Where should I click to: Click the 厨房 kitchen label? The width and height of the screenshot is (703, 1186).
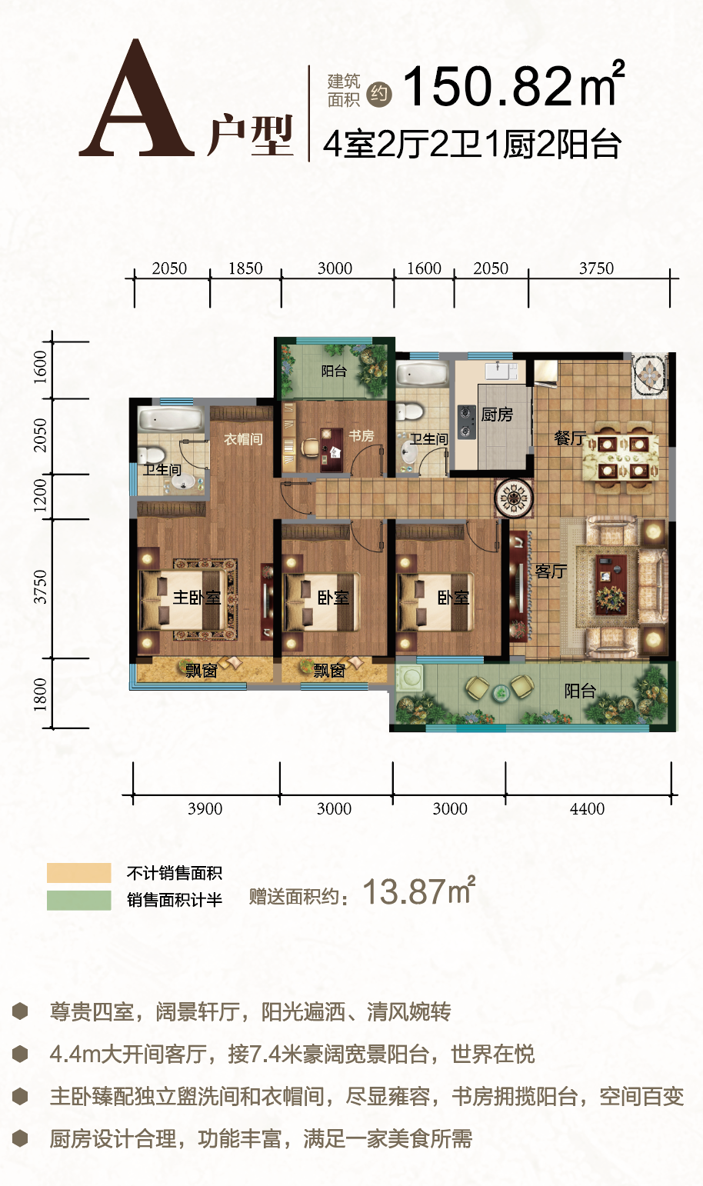pyautogui.click(x=497, y=414)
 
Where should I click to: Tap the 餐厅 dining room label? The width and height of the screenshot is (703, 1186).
pyautogui.click(x=570, y=438)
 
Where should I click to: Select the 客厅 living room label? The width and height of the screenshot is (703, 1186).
pyautogui.click(x=551, y=571)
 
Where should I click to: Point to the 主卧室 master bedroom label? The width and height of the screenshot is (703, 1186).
pyautogui.click(x=196, y=598)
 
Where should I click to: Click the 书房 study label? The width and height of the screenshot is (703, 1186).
pyautogui.click(x=361, y=436)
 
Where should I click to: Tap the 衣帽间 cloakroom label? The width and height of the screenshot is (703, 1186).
pyautogui.click(x=243, y=439)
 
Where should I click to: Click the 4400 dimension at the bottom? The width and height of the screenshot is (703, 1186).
pyautogui.click(x=587, y=808)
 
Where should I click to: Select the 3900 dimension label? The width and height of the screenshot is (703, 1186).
pyautogui.click(x=205, y=808)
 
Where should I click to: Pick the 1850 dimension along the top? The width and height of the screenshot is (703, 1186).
pyautogui.click(x=245, y=268)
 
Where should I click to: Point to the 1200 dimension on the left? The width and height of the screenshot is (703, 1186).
pyautogui.click(x=40, y=495)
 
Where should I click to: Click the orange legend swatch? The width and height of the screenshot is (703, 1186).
pyautogui.click(x=79, y=872)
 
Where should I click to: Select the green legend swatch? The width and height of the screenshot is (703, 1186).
pyautogui.click(x=79, y=900)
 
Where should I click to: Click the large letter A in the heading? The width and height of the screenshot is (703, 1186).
pyautogui.click(x=137, y=98)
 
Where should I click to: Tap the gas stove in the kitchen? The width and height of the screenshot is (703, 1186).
pyautogui.click(x=466, y=422)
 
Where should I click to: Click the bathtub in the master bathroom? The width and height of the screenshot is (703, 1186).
pyautogui.click(x=171, y=419)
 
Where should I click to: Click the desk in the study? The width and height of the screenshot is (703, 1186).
pyautogui.click(x=332, y=449)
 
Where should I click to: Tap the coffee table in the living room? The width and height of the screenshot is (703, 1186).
pyautogui.click(x=611, y=585)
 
